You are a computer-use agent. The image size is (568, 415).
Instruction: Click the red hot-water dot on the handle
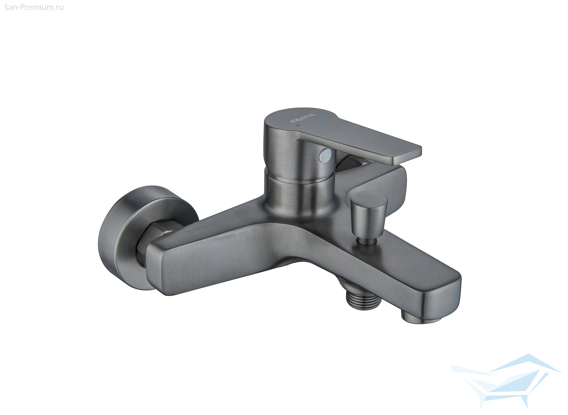coord(297,125)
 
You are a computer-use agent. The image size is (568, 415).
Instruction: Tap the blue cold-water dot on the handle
coord(322,117)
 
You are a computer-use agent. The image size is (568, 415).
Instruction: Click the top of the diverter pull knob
coord(369,198)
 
